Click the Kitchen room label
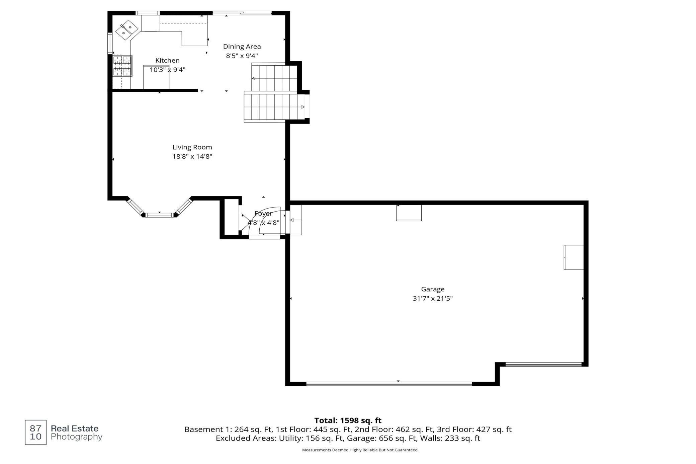coord(167,61)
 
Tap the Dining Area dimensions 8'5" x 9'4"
coord(242,56)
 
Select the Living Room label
coord(192,147)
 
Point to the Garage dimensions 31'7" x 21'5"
coord(432,299)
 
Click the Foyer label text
coord(263,214)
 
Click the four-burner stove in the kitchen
coord(122,66)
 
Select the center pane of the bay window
coord(160,215)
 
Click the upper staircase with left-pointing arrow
coord(274,78)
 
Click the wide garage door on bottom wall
coord(389,384)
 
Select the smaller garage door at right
coord(543,364)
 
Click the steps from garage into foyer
coord(296,220)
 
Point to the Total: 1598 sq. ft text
coord(348,420)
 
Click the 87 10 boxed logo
coord(35,432)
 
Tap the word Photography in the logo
coord(76,437)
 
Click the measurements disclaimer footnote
coord(360,450)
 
